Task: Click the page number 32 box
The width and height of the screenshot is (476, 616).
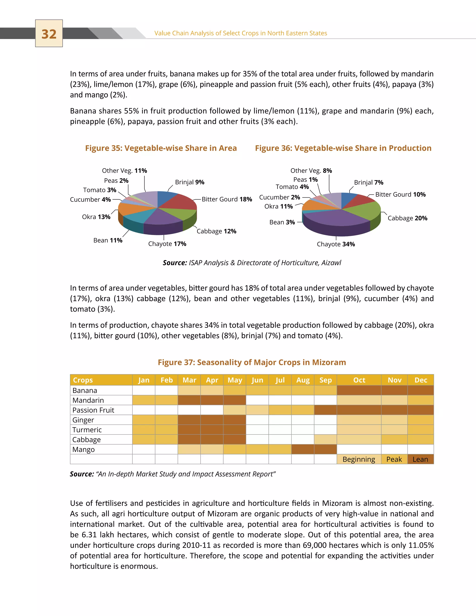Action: [49, 33]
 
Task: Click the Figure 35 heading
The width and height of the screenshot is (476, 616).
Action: [161, 148]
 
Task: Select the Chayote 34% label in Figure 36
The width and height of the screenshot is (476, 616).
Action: [336, 244]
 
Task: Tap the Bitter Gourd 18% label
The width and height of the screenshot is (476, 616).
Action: [227, 199]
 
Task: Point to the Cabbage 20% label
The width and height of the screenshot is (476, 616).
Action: [407, 218]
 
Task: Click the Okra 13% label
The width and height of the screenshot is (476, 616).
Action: [96, 217]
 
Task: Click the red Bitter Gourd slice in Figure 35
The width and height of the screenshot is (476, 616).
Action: [180, 202]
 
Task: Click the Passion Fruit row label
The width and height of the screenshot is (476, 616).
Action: [93, 410]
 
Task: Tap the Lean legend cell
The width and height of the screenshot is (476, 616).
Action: [420, 459]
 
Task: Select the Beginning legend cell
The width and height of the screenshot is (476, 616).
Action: [359, 459]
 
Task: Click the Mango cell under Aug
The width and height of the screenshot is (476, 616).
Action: [303, 449]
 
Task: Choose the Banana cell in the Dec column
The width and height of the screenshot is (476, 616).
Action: [420, 390]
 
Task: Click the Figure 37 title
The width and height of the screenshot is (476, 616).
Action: [251, 362]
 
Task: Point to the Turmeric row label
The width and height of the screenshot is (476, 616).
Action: [87, 430]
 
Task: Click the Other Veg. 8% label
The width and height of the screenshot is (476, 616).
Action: [311, 171]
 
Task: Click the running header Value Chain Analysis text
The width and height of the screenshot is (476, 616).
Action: [241, 33]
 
